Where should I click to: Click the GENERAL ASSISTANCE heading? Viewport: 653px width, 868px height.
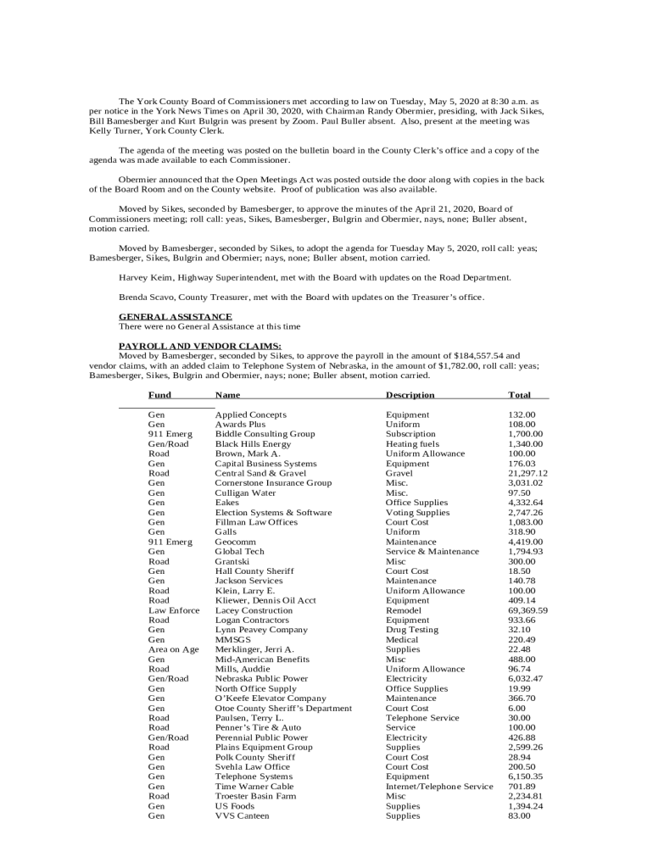coord(176,317)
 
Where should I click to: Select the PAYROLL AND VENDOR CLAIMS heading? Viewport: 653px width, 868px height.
coord(200,346)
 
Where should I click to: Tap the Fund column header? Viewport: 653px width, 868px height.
coord(159,395)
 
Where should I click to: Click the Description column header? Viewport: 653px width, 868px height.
coord(410,395)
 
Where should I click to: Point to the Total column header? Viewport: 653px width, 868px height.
coord(519,395)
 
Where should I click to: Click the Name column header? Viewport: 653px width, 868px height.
coord(227,395)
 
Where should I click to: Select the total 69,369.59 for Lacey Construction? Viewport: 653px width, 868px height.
coord(527,610)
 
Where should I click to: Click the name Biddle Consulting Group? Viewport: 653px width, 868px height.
coord(265,434)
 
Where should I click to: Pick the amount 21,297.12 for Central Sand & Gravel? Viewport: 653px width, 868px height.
coord(527,473)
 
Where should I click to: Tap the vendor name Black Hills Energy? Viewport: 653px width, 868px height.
coord(253,444)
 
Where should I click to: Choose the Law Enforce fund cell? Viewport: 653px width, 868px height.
coord(174,610)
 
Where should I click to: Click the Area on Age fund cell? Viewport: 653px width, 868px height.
coord(174,649)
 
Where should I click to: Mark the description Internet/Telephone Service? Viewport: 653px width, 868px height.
coord(439,787)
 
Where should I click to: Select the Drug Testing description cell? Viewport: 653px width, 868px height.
coord(412,630)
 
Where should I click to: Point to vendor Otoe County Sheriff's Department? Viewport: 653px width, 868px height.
coord(283,709)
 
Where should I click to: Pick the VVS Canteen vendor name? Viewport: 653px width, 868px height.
coord(242,815)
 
